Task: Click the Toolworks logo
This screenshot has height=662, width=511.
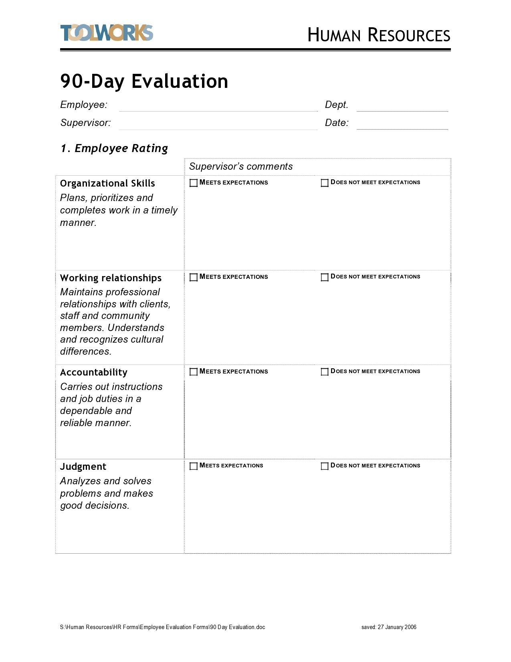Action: tap(107, 33)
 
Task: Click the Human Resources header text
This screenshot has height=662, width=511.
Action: tap(378, 35)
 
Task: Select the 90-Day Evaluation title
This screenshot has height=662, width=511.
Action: tap(144, 81)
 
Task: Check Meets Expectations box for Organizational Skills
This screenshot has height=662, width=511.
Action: tap(194, 183)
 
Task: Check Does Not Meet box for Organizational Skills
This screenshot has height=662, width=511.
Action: tap(325, 183)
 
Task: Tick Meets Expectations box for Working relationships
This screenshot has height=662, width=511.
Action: tap(194, 277)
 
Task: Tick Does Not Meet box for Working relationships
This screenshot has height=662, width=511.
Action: tap(325, 277)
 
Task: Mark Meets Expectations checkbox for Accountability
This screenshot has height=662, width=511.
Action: tap(194, 372)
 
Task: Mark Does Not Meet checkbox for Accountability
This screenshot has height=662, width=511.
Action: tap(325, 372)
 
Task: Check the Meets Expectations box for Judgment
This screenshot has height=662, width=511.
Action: tap(194, 466)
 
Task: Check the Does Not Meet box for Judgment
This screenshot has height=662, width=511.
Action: tap(325, 466)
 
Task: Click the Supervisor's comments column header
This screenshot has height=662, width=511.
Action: tap(241, 167)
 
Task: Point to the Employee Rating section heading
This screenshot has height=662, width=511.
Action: tap(114, 148)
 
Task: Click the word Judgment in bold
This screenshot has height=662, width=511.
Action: tap(83, 467)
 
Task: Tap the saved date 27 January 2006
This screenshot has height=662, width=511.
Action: tap(389, 627)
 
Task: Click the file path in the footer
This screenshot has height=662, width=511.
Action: tap(162, 627)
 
